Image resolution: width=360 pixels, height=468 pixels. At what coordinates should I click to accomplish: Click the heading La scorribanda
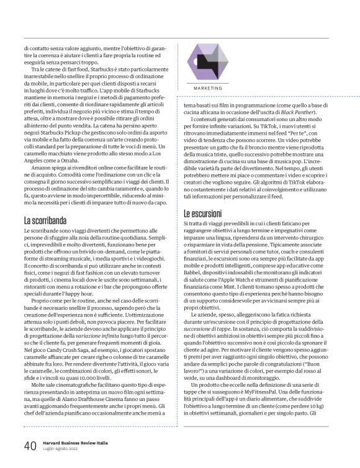47,220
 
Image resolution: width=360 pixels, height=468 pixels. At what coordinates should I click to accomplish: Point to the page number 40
29,446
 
